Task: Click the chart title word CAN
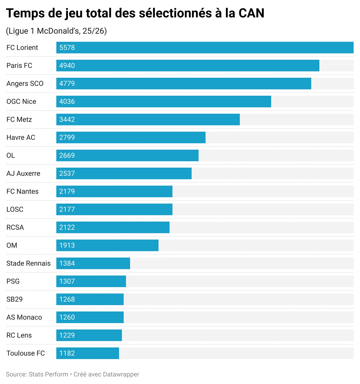coord(251,13)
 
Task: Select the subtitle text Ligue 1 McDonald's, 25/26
coord(56,31)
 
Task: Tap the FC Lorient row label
coord(22,48)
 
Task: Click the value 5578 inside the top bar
coord(67,48)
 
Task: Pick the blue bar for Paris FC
coord(188,66)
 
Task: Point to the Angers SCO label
coord(25,84)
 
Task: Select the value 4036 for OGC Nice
coord(67,102)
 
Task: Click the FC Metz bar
coord(148,119)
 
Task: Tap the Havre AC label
coord(21,137)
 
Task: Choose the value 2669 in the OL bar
coord(67,155)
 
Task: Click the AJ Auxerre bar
coord(124,173)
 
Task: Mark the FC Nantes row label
coord(22,191)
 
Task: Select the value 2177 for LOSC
coord(67,209)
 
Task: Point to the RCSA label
coord(15,227)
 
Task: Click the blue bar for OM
coord(107,245)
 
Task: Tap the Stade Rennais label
coord(28,263)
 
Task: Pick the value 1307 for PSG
coord(67,281)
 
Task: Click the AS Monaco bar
coord(90,317)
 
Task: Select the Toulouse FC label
coord(26,353)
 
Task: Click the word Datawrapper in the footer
coord(121,374)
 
